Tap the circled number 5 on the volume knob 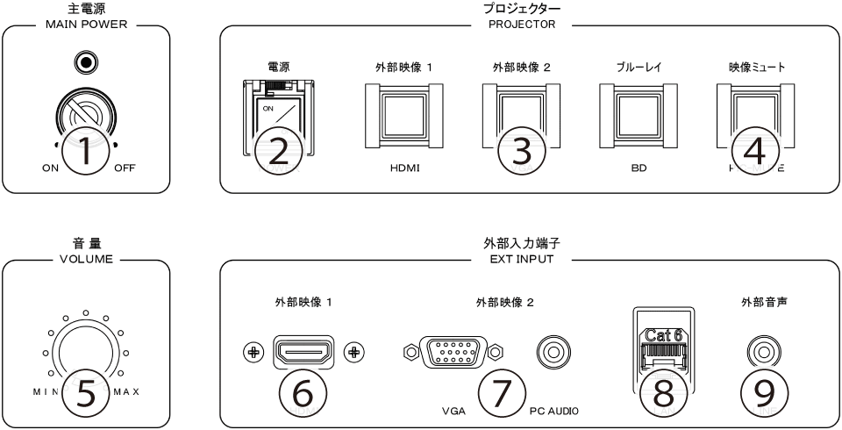pyautogui.click(x=85, y=394)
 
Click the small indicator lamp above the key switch pyautogui.click(x=85, y=63)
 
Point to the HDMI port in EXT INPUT pyautogui.click(x=303, y=352)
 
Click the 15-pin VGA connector pyautogui.click(x=453, y=352)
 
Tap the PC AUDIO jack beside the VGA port pyautogui.click(x=553, y=352)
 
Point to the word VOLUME pyautogui.click(x=85, y=261)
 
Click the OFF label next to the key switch pyautogui.click(x=125, y=169)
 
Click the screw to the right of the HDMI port pyautogui.click(x=354, y=352)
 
